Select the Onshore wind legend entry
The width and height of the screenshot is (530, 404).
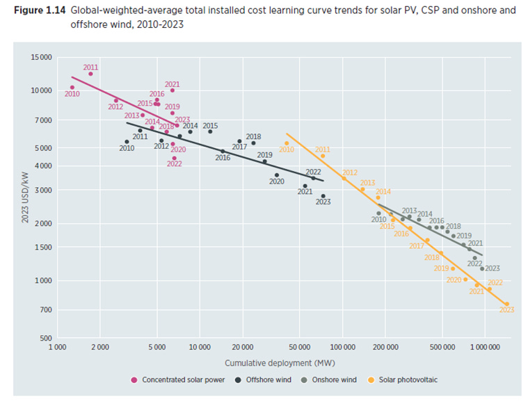click(x=330, y=380)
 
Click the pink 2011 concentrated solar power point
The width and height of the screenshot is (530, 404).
click(x=90, y=74)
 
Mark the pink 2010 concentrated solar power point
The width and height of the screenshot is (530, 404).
click(x=72, y=88)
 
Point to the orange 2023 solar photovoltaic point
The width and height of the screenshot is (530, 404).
click(x=506, y=304)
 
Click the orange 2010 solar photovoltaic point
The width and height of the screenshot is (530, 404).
click(x=287, y=143)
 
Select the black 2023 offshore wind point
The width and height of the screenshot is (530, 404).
click(x=323, y=196)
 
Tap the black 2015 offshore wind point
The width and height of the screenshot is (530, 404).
click(x=210, y=131)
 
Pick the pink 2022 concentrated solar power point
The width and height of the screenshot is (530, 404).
click(x=174, y=158)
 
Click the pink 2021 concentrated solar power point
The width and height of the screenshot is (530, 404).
click(x=172, y=90)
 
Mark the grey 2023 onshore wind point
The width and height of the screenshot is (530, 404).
click(x=482, y=268)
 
